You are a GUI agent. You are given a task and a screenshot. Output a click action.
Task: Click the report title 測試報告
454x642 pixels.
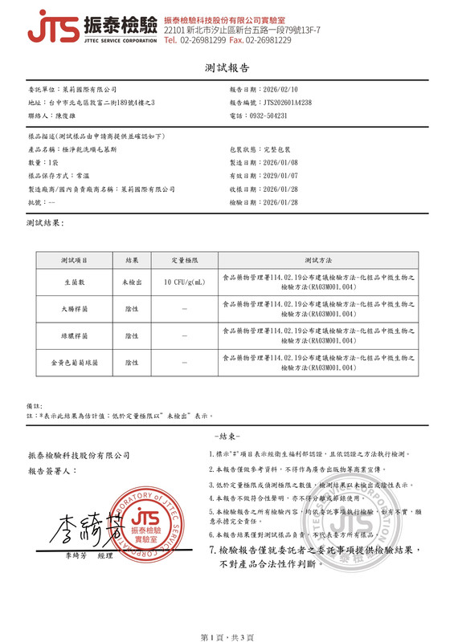coord(227,68)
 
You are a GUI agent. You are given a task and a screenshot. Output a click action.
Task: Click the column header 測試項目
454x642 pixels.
coord(75,261)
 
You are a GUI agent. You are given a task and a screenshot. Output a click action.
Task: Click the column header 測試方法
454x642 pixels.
coord(317,261)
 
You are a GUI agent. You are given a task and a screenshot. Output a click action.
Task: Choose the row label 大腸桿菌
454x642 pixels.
coord(75,309)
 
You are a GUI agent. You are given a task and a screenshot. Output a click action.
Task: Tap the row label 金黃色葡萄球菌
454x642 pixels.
coord(75,364)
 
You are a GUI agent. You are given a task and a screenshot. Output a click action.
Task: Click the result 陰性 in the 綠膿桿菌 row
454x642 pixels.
coord(132,336)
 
